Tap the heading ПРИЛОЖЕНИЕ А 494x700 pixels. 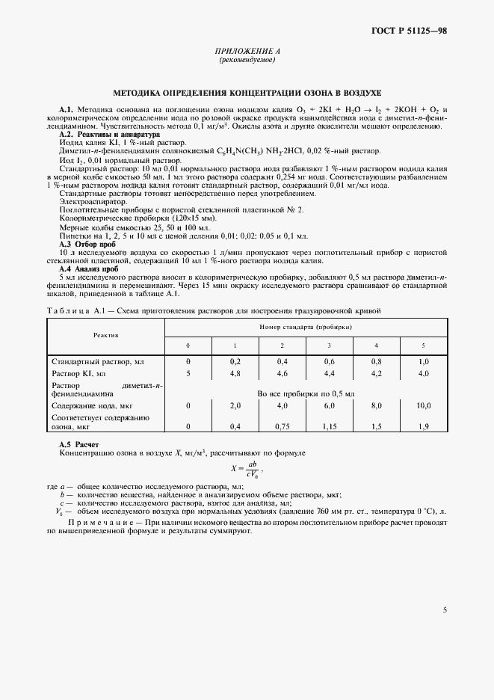pos(247,51)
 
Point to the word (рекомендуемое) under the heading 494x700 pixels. pos(247,59)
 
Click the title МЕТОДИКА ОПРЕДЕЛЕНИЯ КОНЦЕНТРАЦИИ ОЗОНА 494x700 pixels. pos(247,93)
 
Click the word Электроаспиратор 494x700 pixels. pos(91,202)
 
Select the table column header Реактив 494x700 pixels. pos(106,336)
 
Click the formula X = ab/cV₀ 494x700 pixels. pos(247,468)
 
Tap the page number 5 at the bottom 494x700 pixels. pos(445,610)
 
